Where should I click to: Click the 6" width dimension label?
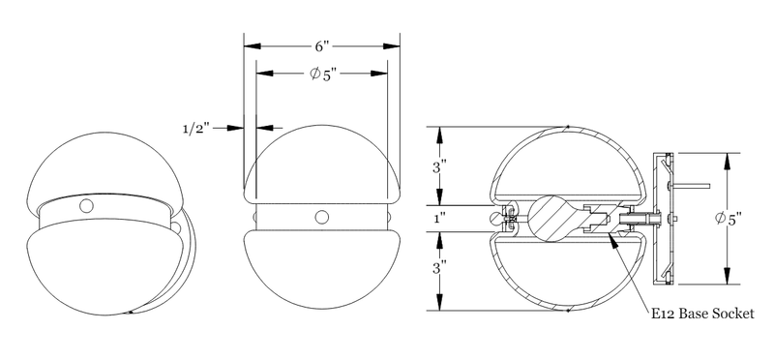(x=322, y=45)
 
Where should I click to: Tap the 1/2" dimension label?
(x=198, y=127)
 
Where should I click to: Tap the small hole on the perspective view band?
(x=88, y=206)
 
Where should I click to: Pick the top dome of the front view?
(x=322, y=160)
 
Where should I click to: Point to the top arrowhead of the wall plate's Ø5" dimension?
(x=727, y=155)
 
